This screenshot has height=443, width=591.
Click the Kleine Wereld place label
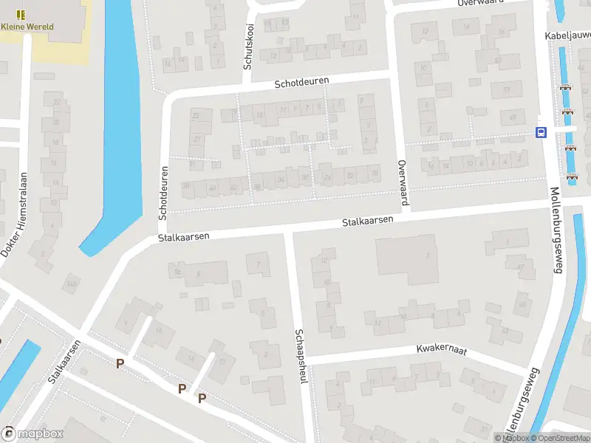point(27,27)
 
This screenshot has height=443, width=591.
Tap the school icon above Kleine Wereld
point(21,14)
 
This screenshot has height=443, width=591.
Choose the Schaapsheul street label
point(301,356)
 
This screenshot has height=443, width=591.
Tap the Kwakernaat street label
point(442,349)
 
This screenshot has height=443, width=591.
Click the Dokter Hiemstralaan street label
point(14,214)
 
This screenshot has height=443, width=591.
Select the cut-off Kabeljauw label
point(567,35)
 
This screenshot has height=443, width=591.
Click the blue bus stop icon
point(541,132)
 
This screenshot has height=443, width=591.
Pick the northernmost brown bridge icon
point(567,86)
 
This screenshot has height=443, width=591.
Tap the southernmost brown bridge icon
point(571,176)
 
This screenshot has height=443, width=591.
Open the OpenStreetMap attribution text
point(564,439)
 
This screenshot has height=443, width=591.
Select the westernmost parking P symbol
point(120,363)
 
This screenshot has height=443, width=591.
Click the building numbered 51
point(506,90)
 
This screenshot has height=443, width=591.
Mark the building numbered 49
point(513,116)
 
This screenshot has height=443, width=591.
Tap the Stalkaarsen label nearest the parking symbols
point(64,362)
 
